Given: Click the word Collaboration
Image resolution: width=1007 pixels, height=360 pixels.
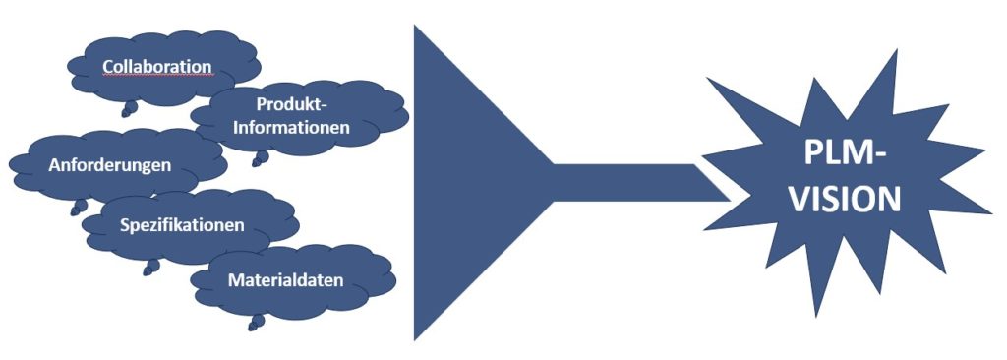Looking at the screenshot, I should point(157,66).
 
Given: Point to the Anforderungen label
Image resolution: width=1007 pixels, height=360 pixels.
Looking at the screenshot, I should point(109,164).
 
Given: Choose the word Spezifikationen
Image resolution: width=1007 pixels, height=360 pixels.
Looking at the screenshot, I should point(182,225).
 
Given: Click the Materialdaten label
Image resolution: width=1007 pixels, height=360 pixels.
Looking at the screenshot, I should point(285,280).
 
